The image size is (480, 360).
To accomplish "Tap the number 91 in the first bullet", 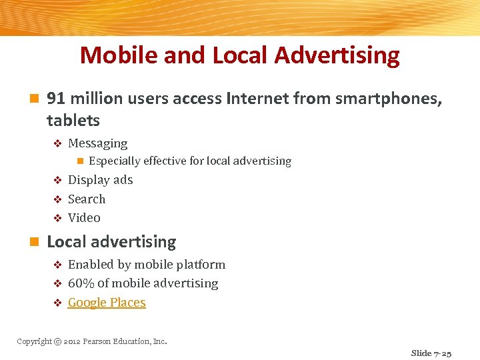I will point(56,99).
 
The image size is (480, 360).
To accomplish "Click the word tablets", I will point(73,121).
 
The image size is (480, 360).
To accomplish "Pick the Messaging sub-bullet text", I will point(97,143).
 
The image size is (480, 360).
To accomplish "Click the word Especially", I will point(114,161).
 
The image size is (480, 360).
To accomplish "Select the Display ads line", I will point(100,180).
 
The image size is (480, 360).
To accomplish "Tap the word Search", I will point(87,199).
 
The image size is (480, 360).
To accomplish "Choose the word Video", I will point(84,217).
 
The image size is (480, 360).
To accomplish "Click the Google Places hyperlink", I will point(107,303).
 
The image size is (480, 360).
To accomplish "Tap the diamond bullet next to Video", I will point(57,218).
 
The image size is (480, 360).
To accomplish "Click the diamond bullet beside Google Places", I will point(57,303).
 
